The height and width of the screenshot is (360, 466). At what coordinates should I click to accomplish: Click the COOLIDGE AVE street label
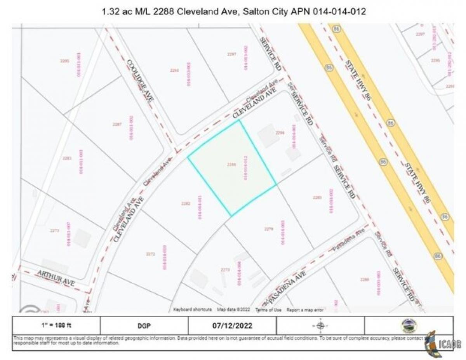140,81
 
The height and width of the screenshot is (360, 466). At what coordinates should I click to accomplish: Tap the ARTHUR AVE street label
56,278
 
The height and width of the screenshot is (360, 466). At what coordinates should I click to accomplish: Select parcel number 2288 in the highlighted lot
231,164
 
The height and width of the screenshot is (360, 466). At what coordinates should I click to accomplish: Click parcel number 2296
280,133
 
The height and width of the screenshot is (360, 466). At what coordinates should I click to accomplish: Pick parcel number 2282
186,203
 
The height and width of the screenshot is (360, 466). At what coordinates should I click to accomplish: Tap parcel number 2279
269,229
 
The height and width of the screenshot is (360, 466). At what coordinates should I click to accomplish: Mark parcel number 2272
151,254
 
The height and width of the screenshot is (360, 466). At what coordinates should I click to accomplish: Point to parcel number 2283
67,158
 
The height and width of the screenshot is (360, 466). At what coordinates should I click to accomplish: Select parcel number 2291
174,70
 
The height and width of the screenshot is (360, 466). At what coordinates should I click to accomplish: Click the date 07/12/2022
232,325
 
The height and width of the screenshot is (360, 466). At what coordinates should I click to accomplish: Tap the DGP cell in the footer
144,325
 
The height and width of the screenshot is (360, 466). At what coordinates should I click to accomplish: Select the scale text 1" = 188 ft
56,325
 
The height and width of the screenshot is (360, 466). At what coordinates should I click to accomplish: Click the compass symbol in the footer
320,325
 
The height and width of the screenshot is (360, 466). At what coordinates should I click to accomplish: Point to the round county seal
409,325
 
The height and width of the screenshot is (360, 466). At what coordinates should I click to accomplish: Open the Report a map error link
305,310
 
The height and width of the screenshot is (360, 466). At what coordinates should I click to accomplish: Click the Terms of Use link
268,310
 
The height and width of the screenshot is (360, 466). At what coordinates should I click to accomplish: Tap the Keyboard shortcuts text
192,310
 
